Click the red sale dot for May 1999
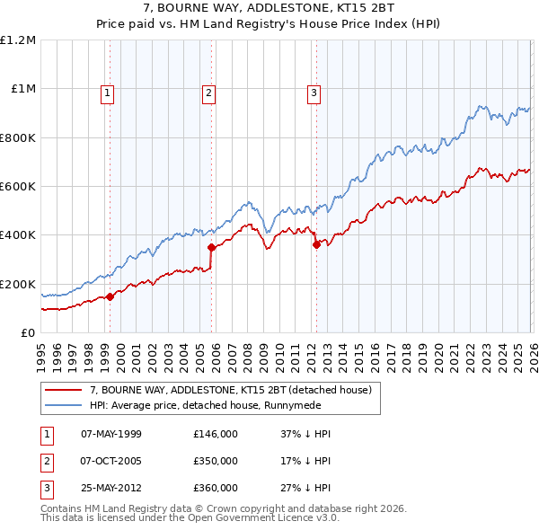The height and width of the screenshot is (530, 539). click(110, 296)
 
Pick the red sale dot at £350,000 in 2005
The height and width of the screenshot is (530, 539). click(211, 247)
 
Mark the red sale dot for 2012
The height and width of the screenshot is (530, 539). click(316, 244)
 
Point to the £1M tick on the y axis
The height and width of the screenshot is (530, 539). click(24, 89)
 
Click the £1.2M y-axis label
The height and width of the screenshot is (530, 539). click(20, 40)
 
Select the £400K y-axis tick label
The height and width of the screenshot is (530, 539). click(20, 235)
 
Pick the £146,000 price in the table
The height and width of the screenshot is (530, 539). click(216, 434)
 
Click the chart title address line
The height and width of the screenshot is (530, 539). click(269, 9)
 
